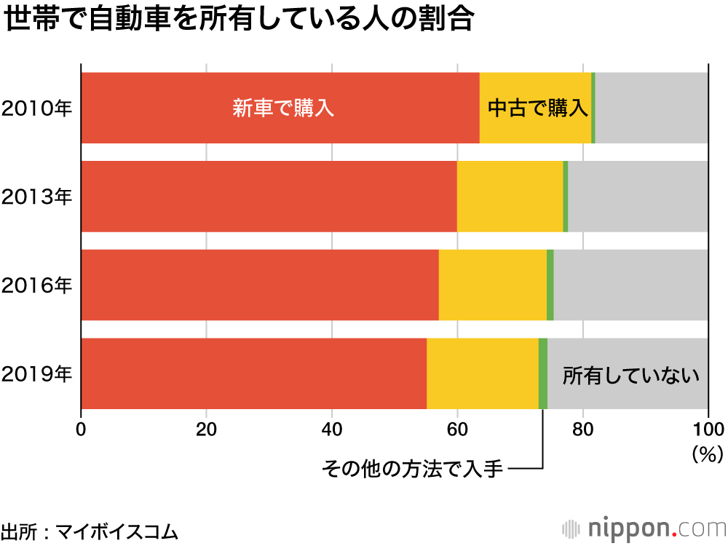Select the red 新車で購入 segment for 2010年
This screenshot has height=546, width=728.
click(280, 108)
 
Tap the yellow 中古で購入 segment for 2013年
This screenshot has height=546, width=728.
click(510, 197)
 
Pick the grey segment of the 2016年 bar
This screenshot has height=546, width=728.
click(630, 285)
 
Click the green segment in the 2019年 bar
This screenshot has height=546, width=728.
click(543, 373)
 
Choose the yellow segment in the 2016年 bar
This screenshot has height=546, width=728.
click(492, 285)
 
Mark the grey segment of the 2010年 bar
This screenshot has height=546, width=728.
click(652, 108)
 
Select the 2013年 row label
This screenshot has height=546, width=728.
click(37, 197)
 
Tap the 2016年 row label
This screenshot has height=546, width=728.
click(37, 285)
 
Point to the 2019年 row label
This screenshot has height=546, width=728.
click(37, 374)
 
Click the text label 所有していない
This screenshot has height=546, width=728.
click(630, 376)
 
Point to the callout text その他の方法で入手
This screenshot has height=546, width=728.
click(412, 468)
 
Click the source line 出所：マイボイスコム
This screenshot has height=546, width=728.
click(90, 530)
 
